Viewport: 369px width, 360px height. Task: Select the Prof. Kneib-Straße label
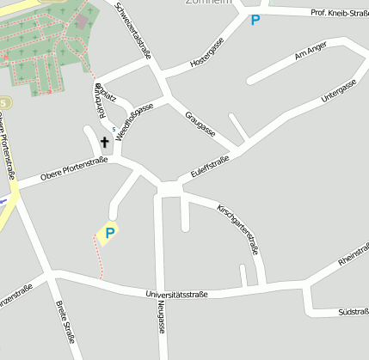[x=340, y=13]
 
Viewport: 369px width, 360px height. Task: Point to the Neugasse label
[x=162, y=327]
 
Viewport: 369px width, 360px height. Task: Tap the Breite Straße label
[x=65, y=323]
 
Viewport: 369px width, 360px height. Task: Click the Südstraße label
[x=353, y=311]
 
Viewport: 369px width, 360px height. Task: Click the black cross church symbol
[x=106, y=142]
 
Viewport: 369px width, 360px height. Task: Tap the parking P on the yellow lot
[x=109, y=232]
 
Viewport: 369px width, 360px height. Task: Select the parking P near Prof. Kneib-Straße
[x=255, y=20]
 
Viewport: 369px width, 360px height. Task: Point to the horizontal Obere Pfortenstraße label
[x=74, y=169]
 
